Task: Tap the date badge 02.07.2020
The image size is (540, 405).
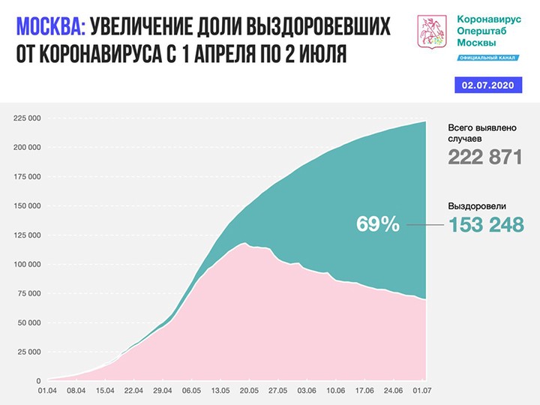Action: point(488,86)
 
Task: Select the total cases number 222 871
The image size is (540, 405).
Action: point(484,157)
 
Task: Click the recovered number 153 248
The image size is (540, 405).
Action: point(485,223)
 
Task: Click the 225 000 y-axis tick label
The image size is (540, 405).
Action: point(27,118)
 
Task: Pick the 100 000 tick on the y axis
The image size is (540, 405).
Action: point(27,264)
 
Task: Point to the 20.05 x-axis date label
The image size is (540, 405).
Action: point(248,391)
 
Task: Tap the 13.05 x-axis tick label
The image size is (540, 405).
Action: point(220,391)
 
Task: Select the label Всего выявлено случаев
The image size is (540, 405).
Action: point(479,133)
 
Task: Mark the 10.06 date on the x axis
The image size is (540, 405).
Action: point(335,391)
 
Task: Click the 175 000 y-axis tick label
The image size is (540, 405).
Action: point(27,177)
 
